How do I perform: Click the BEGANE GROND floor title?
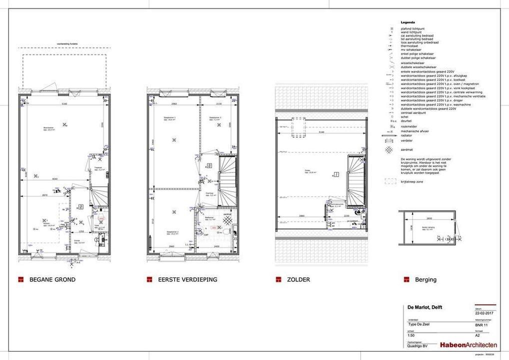pos(52,279)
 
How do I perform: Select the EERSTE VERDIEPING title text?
pos(187,279)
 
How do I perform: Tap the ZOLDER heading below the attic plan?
pos(298,279)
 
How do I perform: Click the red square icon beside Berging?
pos(404,279)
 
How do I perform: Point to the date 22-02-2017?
pos(484,313)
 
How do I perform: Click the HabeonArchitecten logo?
pos(468,345)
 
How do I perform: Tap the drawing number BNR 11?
pos(482,324)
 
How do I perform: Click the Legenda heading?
pos(408,23)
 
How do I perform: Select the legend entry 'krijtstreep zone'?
pos(412,181)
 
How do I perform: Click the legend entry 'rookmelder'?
pos(408,126)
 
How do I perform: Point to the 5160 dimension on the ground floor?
pos(64,104)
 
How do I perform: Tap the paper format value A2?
pos(477,336)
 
